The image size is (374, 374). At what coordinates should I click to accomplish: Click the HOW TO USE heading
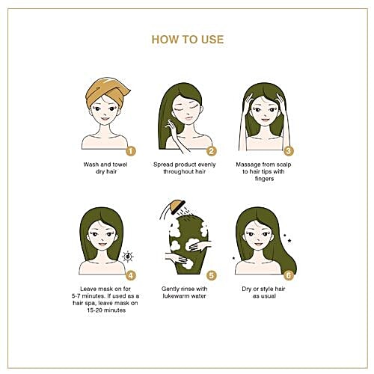click(188, 40)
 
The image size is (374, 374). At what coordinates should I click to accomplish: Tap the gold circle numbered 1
click(131, 151)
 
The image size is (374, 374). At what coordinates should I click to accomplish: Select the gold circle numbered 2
click(212, 151)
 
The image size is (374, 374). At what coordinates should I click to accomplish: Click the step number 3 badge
click(289, 151)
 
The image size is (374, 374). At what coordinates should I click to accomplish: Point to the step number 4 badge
click(131, 275)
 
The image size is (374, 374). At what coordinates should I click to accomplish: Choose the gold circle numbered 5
click(212, 275)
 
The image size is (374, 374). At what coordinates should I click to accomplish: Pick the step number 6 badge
click(289, 275)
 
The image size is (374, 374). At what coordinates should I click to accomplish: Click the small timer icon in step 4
click(128, 257)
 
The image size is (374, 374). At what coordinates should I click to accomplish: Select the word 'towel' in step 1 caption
click(120, 165)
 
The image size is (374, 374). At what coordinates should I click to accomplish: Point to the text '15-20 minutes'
click(106, 310)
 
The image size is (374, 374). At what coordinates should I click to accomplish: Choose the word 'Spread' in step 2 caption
click(162, 165)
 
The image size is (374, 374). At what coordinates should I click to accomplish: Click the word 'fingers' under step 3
click(264, 179)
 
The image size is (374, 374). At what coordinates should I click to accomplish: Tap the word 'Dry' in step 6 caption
click(247, 289)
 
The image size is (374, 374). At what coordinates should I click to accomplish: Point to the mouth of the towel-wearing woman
click(105, 119)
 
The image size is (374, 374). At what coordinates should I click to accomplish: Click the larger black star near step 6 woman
click(289, 241)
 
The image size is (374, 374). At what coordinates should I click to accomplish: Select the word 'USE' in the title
click(212, 40)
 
